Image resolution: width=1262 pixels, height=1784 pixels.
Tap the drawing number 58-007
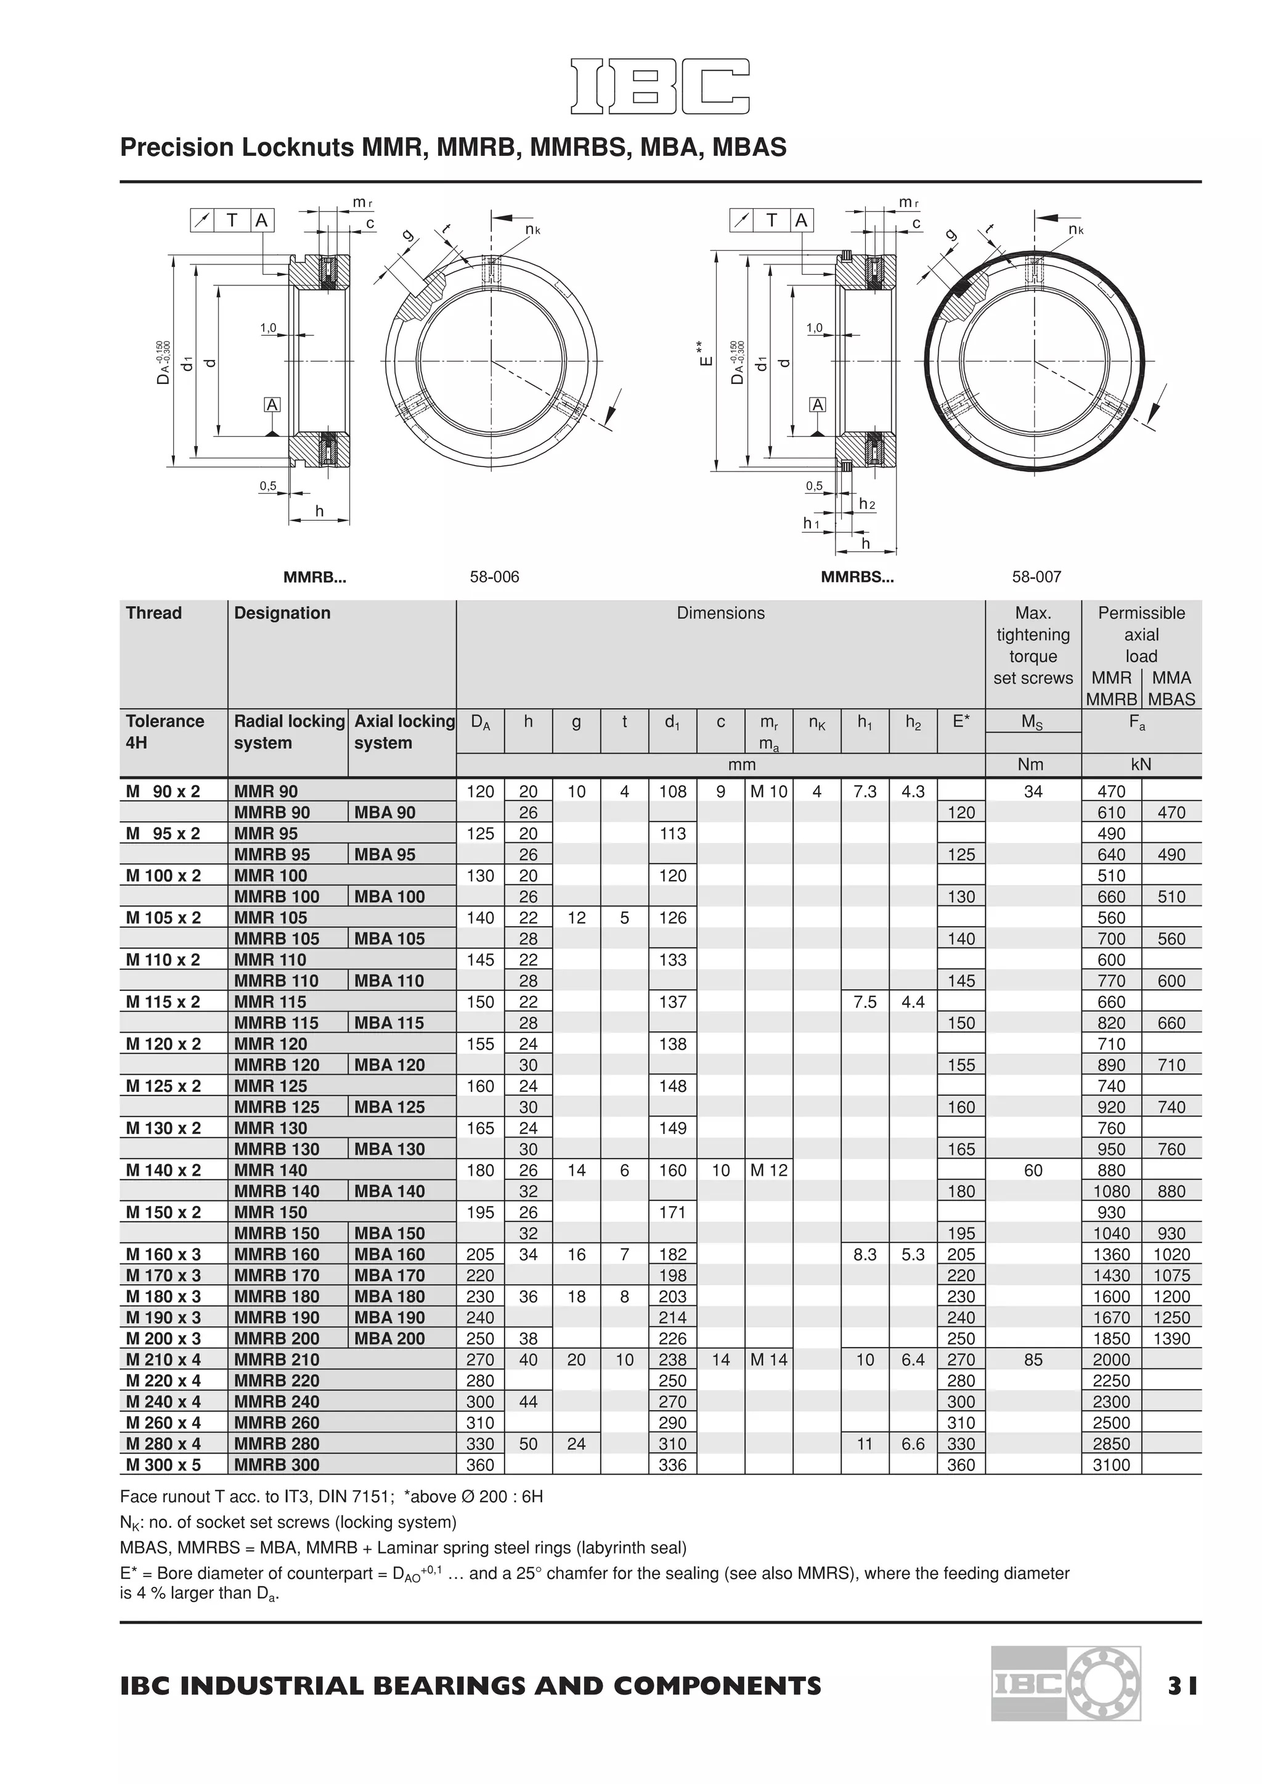[x=1036, y=577]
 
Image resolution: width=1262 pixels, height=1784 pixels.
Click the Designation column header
[x=282, y=613]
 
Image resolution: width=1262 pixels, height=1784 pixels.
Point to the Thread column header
[x=154, y=613]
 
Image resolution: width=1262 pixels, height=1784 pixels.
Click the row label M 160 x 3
[x=163, y=1254]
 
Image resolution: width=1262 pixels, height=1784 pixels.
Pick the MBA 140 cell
[x=389, y=1191]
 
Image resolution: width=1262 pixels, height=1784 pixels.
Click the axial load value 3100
[x=1110, y=1465]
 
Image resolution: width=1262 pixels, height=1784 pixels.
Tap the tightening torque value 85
[x=1033, y=1360]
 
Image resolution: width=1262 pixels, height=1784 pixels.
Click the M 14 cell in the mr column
[x=768, y=1360]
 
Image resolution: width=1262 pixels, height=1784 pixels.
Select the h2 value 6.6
[x=913, y=1444]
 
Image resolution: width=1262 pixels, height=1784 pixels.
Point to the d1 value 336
[x=672, y=1465]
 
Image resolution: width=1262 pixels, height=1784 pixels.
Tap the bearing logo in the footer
[x=1065, y=1683]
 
